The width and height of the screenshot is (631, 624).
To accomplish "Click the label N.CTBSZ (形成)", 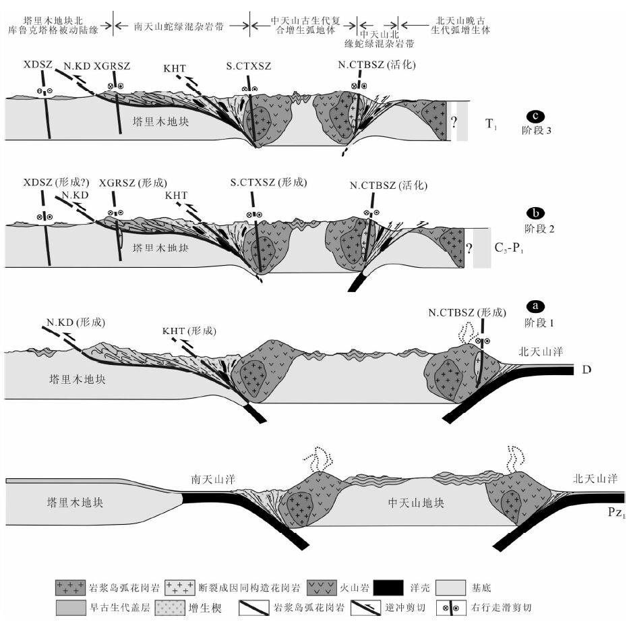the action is pyautogui.click(x=466, y=312).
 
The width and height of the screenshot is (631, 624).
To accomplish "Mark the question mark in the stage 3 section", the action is pyautogui.click(x=455, y=123).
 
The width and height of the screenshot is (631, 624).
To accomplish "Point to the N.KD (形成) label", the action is pyautogui.click(x=75, y=322).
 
